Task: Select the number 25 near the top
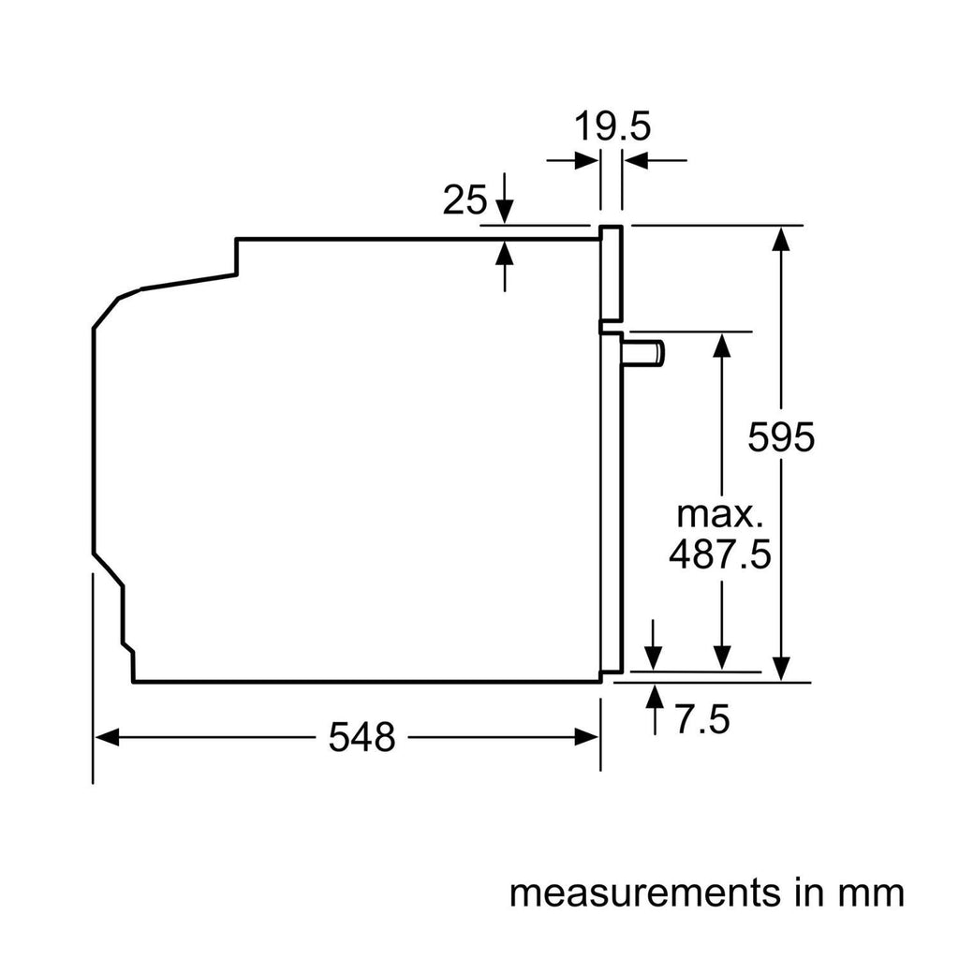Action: pos(465,199)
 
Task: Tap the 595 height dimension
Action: pos(782,437)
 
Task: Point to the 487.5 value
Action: pos(719,554)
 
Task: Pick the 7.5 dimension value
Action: pos(701,721)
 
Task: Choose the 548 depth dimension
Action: pos(361,738)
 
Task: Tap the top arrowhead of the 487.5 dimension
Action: pos(721,344)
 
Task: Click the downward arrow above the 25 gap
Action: pos(506,212)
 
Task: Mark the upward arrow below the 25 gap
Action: pos(506,252)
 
